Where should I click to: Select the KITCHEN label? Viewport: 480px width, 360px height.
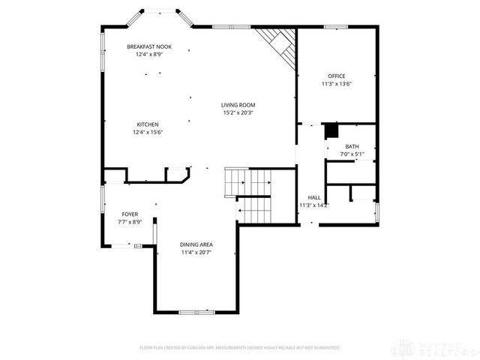(x=147, y=124)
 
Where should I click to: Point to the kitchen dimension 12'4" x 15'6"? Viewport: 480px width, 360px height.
(x=147, y=132)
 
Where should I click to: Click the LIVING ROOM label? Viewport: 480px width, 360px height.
(x=237, y=104)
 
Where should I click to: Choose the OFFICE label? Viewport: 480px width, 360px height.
(x=336, y=76)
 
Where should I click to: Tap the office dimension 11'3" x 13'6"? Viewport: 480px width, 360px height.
(x=336, y=83)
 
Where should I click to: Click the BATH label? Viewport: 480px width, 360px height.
(x=352, y=146)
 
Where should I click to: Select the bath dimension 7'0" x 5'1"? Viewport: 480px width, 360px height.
(x=352, y=154)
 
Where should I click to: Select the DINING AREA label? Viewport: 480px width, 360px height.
(x=196, y=244)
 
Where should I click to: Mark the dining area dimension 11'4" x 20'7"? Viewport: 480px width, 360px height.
(x=196, y=252)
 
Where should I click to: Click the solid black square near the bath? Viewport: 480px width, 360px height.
(x=330, y=130)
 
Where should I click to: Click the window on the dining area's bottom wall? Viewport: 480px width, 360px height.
(x=197, y=311)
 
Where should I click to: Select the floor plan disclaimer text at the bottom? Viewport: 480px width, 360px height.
(x=240, y=347)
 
